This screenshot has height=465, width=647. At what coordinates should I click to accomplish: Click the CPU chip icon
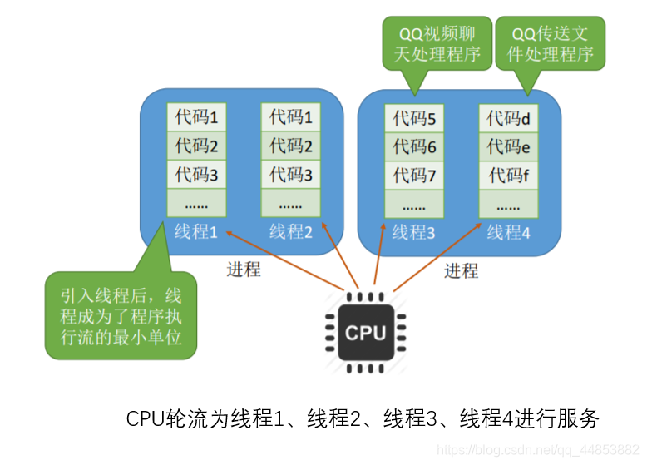366,333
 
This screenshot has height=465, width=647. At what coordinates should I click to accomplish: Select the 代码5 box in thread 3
414,118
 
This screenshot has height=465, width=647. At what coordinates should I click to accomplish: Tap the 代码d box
508,118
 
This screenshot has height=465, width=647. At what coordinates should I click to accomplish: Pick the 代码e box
508,146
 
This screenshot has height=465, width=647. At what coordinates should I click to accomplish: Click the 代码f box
508,176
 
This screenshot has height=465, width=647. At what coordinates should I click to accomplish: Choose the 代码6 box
414,146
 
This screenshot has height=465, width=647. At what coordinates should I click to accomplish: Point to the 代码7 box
414,176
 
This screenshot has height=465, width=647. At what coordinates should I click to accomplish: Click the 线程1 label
196,231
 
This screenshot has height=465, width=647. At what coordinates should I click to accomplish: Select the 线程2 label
291,231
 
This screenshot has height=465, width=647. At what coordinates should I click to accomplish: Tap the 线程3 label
413,233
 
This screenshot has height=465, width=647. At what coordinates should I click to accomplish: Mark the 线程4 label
508,233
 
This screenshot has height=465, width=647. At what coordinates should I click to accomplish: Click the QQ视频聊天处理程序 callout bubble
437,43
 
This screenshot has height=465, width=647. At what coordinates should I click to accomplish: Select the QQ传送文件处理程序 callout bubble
550,43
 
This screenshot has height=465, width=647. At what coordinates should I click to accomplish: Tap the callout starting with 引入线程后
121,315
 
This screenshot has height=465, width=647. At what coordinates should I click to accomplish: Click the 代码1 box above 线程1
196,116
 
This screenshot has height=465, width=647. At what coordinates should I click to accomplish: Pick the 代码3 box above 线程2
291,174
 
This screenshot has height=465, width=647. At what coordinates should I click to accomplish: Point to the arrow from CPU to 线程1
284,260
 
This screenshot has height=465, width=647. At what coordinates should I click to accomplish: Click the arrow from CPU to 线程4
437,258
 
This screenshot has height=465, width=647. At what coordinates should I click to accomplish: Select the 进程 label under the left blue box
244,270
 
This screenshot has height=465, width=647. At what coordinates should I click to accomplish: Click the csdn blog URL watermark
538,449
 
